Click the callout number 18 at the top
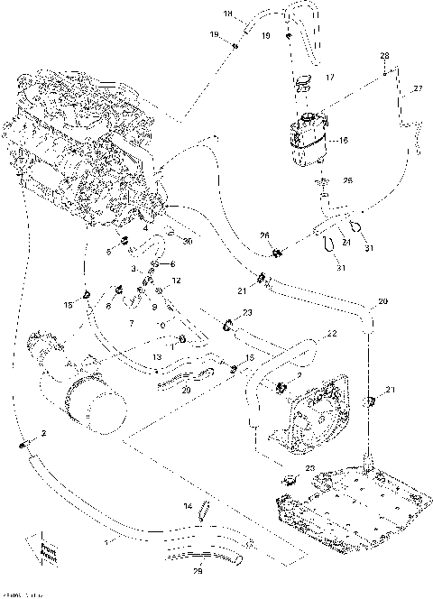pos(227,14)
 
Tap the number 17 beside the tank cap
pos(330,78)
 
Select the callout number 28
pos(383,56)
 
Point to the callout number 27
pos(417,88)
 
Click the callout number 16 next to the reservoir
pos(341,141)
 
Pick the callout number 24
pos(345,242)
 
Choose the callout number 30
pos(188,242)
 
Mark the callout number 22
pos(331,334)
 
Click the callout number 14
pos(189,506)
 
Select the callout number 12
pos(177,281)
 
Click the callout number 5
pos(110,252)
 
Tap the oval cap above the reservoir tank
pos(303,83)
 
